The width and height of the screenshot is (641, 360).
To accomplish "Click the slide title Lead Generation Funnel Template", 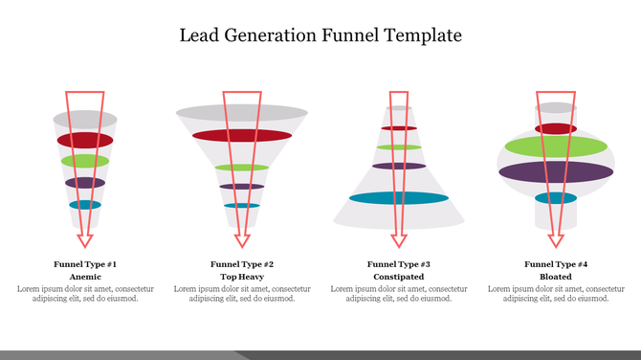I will coord(320,35).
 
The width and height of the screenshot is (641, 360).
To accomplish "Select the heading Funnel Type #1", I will coord(85,263).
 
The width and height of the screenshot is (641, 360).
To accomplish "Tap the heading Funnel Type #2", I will coord(242,263).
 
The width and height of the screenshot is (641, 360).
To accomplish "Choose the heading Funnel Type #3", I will coord(399,263).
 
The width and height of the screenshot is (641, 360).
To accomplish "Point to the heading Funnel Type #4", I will coord(556,263).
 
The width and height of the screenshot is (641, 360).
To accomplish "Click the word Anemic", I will coord(85,276).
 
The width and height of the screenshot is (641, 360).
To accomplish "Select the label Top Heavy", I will coord(242,276).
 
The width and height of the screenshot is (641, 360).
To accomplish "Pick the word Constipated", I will coord(399,276).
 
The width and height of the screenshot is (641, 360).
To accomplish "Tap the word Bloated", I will coord(556,276).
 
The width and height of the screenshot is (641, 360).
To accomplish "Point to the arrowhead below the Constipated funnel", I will coord(399,238).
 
